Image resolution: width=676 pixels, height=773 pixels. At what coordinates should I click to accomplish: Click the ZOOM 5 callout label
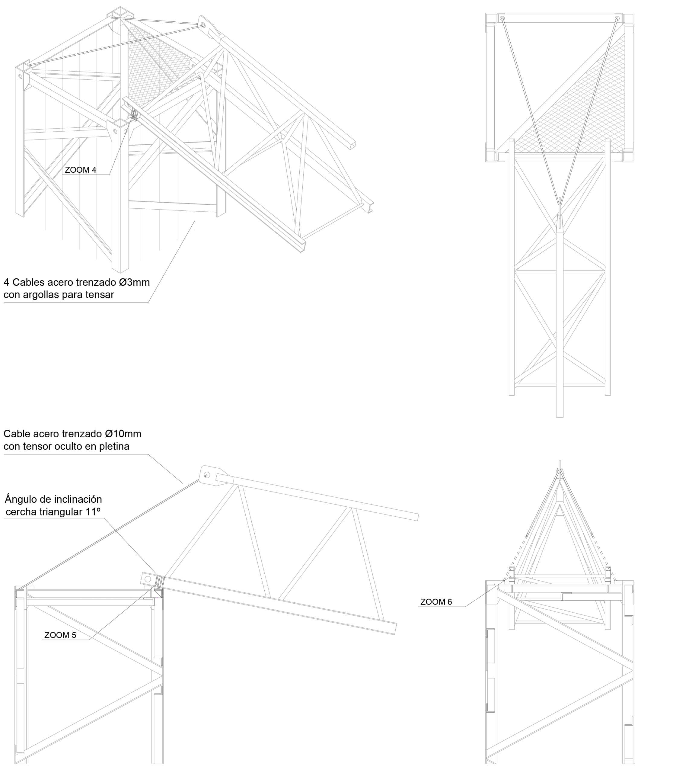point(60,635)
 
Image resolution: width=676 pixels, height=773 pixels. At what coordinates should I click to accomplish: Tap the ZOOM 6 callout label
point(436,601)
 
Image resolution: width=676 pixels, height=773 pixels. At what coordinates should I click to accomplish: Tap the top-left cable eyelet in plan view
point(502,18)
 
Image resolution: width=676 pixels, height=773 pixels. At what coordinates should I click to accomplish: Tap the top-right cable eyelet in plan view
point(617,18)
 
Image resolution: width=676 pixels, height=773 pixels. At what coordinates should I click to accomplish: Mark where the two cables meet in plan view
point(560,205)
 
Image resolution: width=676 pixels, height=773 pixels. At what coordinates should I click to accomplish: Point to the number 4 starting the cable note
point(6,282)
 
